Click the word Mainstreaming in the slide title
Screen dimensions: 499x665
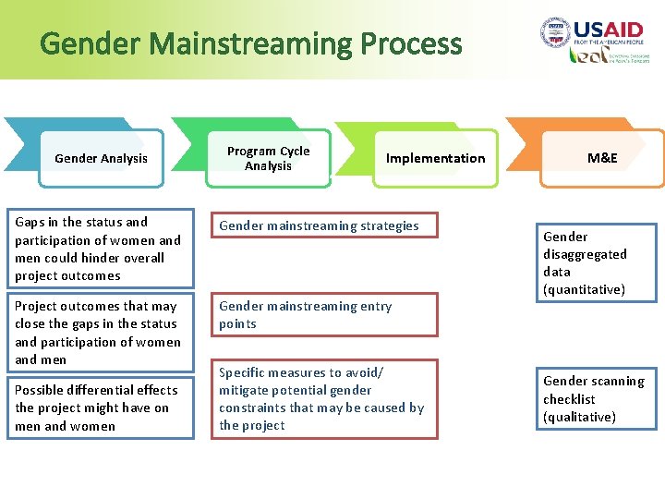tap(249, 43)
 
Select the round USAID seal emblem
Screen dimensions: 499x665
tap(555, 33)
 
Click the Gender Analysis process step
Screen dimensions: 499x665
tap(101, 158)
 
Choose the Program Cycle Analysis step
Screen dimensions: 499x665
tap(268, 158)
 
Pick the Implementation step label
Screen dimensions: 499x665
tap(435, 158)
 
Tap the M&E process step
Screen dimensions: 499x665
tap(602, 158)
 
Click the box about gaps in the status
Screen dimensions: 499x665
tap(101, 248)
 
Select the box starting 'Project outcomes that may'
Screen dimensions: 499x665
tap(101, 333)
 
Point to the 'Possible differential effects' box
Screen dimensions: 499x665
tap(101, 408)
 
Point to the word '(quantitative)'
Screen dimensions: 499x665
tap(584, 289)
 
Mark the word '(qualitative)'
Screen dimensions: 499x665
tap(579, 417)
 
